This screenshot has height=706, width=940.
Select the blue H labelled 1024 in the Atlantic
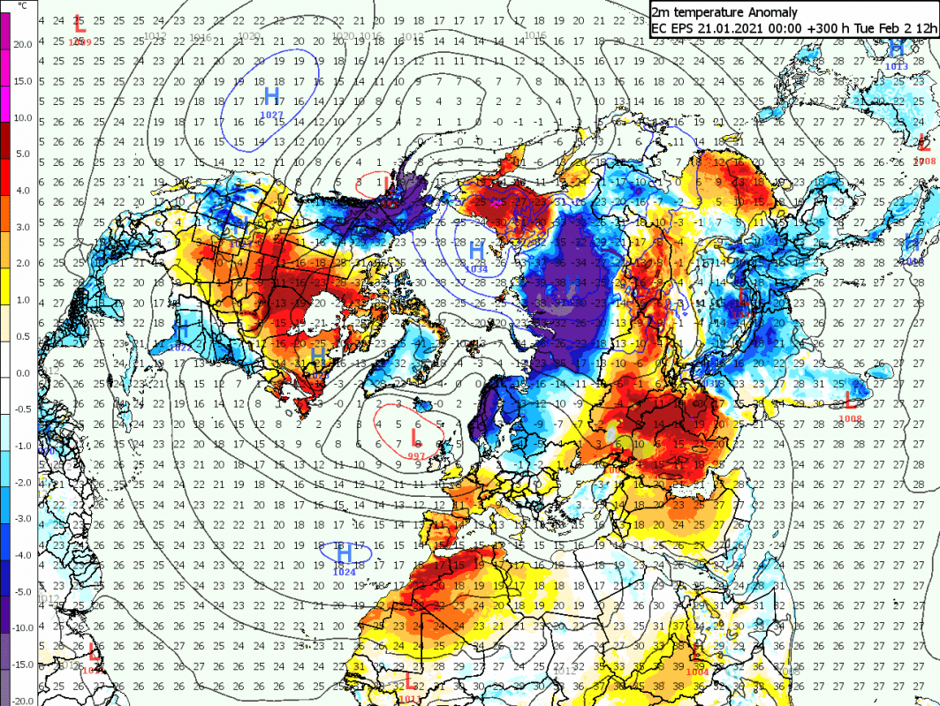345,554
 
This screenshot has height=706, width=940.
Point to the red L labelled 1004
698,655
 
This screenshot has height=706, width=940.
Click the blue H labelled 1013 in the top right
896,49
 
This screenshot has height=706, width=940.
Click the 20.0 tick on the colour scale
22,43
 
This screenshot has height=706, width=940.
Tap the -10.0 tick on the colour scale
22,627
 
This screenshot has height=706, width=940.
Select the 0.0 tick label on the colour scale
22,372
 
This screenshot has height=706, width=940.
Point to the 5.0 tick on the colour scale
22,153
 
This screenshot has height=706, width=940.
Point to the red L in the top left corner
79,23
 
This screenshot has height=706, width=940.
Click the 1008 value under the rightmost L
850,417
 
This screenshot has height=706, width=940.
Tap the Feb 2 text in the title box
894,28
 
